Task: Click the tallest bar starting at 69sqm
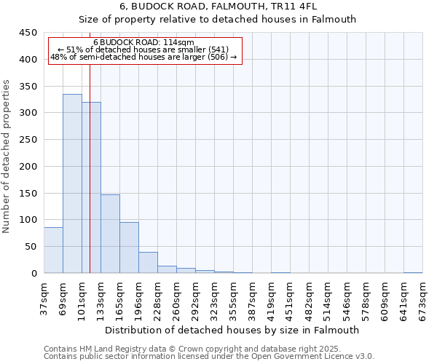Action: click(x=72, y=183)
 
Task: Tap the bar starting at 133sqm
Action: click(x=110, y=234)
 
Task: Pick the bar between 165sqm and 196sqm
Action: click(x=129, y=248)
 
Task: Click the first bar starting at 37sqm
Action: click(x=53, y=250)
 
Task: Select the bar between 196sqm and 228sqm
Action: click(x=148, y=263)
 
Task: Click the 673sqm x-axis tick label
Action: click(x=422, y=300)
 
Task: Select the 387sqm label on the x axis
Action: click(x=252, y=300)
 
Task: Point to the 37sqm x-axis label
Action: click(x=44, y=300)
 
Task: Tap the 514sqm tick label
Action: click(x=328, y=300)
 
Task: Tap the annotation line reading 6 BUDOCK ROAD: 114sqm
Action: click(x=143, y=43)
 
